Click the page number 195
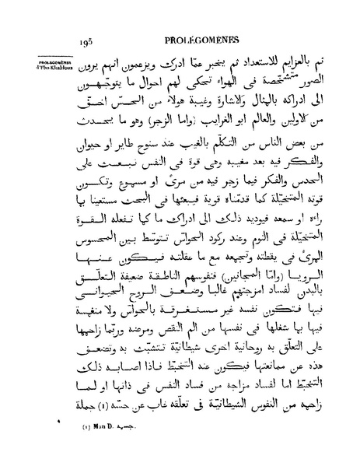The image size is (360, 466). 86,44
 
